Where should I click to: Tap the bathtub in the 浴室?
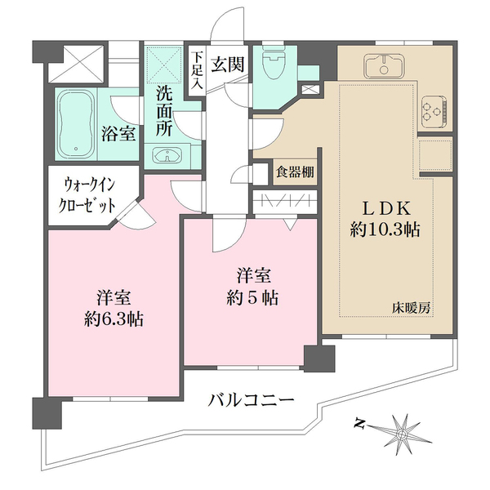coord(77,124)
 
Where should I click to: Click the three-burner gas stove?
coord(434,111)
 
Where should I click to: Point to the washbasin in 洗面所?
coord(167,155)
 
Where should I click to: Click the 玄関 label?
coord(227,65)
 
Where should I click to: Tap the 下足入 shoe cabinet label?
coord(197,69)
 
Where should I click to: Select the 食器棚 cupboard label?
coord(295,171)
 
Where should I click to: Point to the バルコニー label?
coord(252,400)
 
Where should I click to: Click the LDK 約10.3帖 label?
coord(385,219)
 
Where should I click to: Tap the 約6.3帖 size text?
coord(114,319)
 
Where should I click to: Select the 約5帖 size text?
coord(252,298)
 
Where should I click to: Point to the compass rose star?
coord(402,434)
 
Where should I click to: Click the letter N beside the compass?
coord(359,423)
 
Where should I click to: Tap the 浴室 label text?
coord(118,134)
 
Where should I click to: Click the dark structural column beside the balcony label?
coord(319,359)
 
